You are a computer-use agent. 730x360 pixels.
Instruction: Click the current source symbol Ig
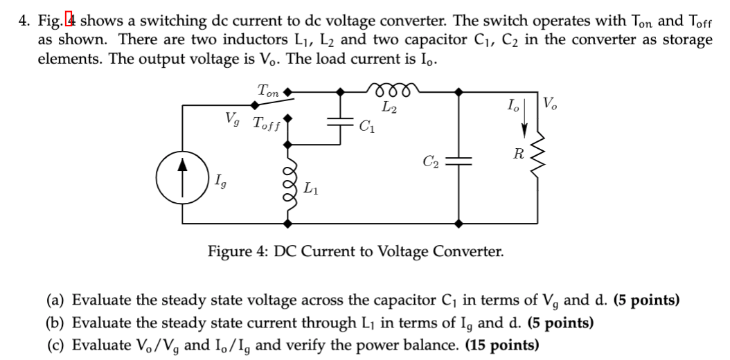(x=184, y=183)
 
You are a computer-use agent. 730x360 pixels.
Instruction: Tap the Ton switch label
(x=267, y=90)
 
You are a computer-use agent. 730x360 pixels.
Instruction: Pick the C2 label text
(x=431, y=161)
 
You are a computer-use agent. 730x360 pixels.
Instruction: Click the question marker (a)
(x=57, y=300)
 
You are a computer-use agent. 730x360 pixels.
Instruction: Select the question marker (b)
(x=57, y=323)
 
